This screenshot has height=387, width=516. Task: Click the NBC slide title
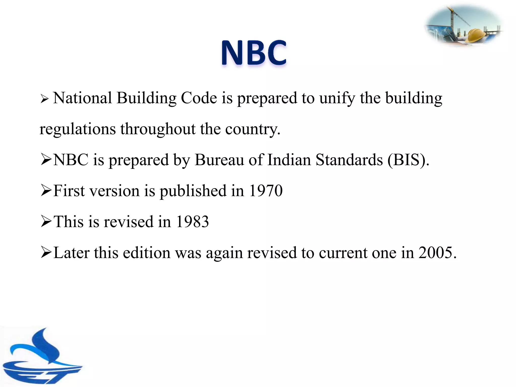tap(254, 53)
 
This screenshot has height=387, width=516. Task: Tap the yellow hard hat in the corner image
tap(475, 35)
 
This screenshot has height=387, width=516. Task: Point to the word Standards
tap(349, 160)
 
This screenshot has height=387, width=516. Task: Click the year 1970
tap(266, 191)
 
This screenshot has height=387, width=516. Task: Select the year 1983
tap(192, 222)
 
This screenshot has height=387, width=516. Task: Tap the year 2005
tap(437, 252)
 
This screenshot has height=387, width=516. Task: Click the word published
tap(193, 191)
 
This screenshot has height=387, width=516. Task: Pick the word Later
tap(72, 252)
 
